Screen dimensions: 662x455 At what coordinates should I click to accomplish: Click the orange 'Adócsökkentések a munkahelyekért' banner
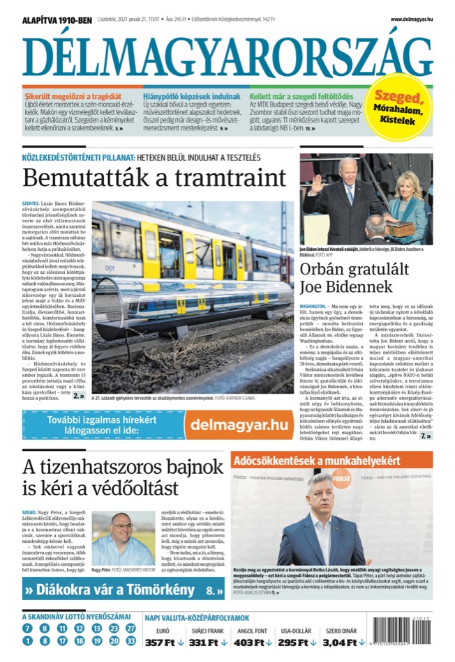click(331, 461)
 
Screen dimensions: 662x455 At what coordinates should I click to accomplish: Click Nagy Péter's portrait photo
click(123, 539)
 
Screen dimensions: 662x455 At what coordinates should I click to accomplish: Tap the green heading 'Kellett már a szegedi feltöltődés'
click(301, 96)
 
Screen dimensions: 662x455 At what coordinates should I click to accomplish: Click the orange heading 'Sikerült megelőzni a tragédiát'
click(73, 96)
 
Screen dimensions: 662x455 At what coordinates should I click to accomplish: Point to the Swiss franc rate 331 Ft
click(209, 642)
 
